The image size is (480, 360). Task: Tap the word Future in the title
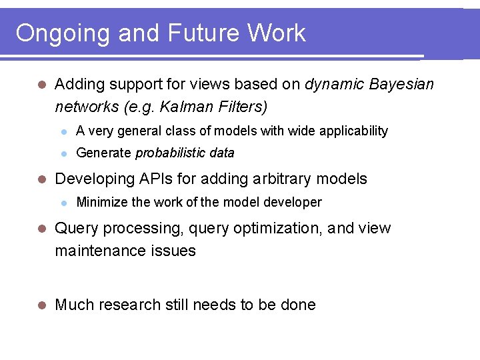(x=205, y=33)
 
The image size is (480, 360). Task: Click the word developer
(x=293, y=202)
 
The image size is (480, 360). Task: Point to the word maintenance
(x=99, y=251)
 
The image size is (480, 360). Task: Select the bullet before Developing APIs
(x=41, y=179)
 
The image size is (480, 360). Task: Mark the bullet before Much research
(x=41, y=305)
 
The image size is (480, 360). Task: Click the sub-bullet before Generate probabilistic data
(x=64, y=153)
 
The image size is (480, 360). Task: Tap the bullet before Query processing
(x=41, y=229)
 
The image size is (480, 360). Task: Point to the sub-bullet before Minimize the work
(x=64, y=203)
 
